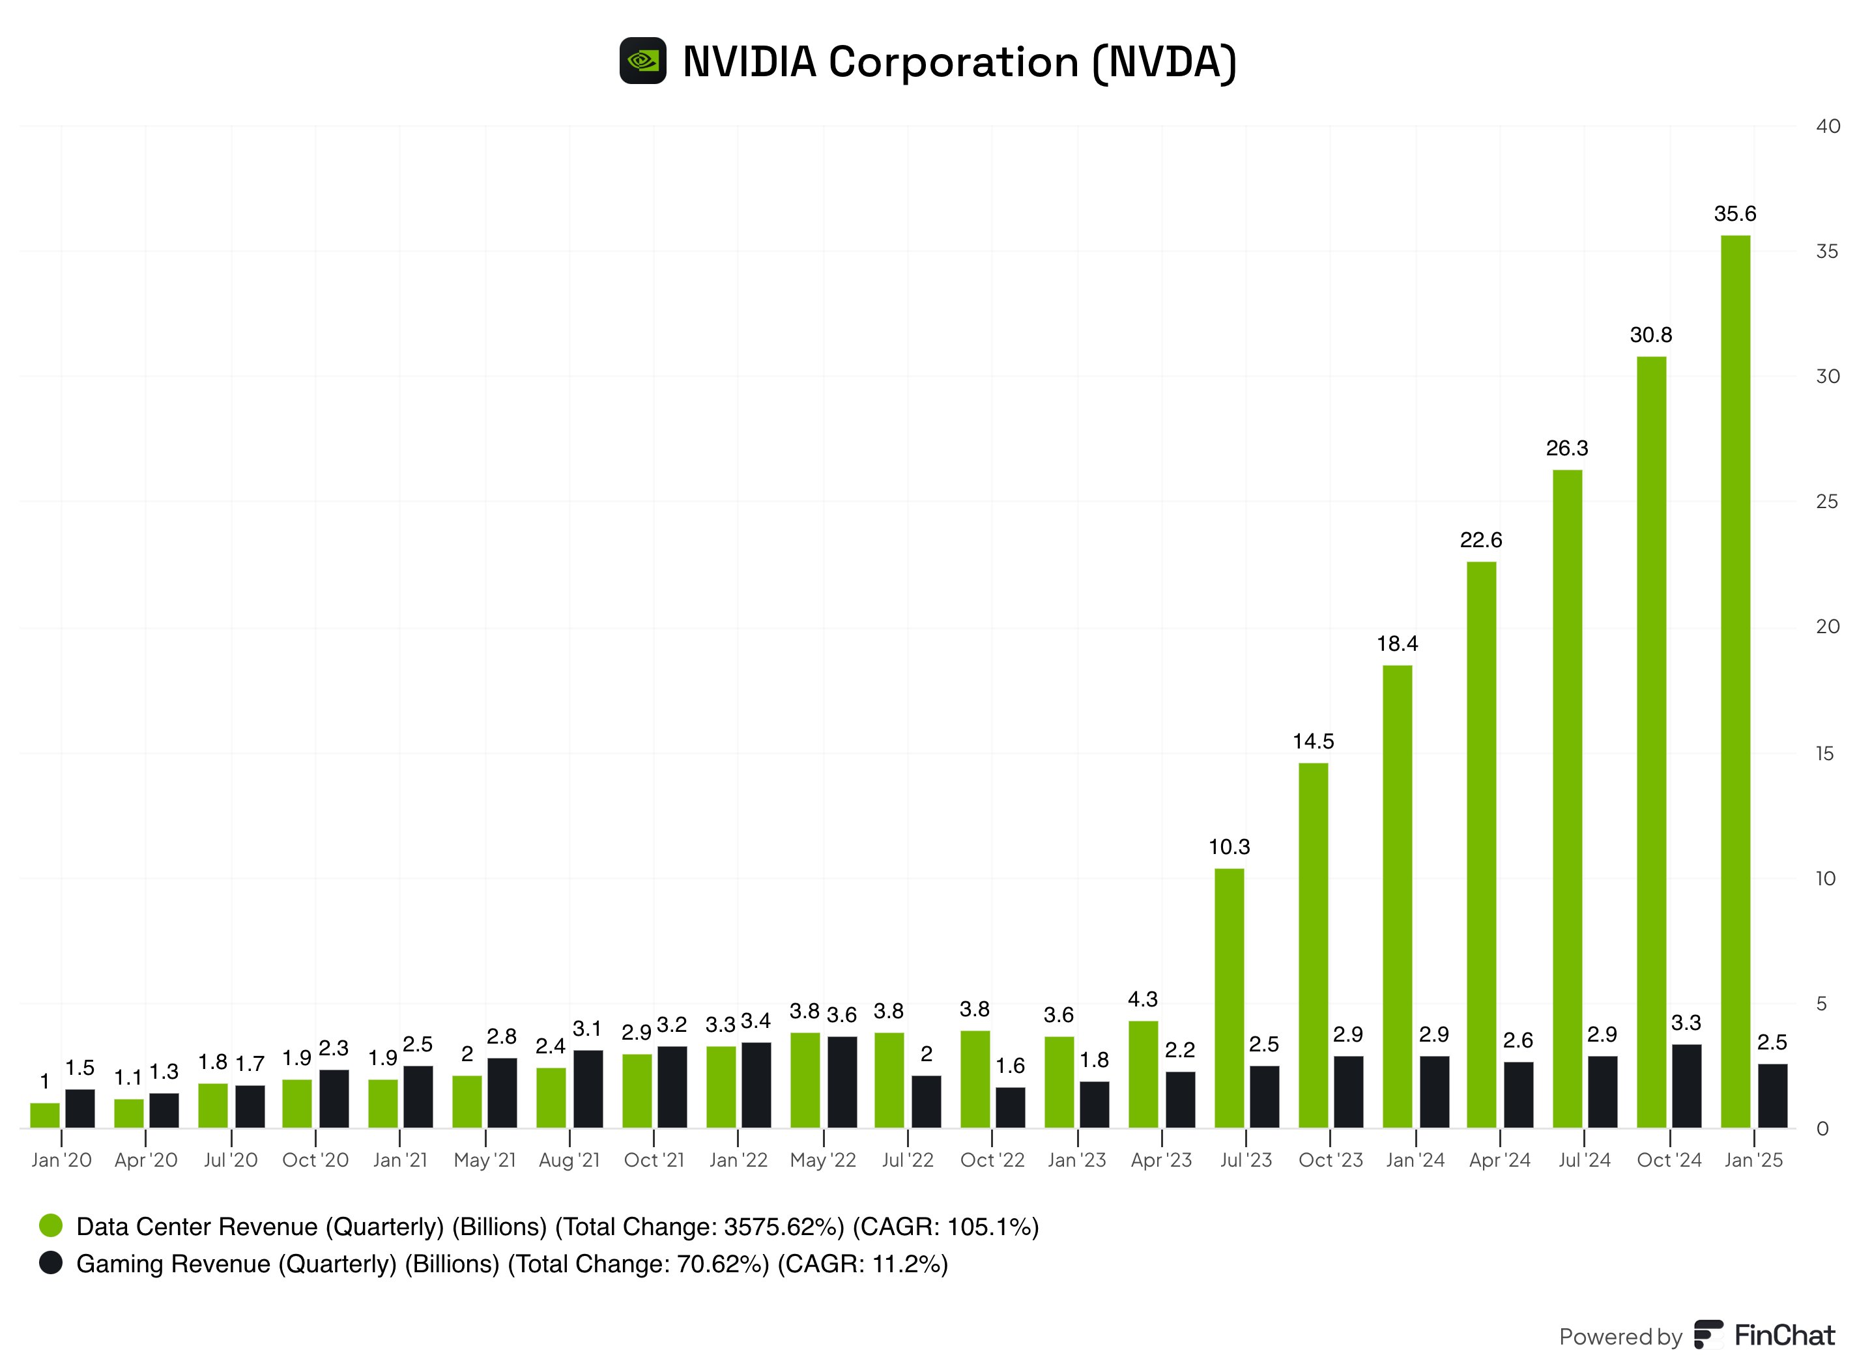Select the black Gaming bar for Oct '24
(1686, 1086)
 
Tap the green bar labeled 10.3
(1229, 998)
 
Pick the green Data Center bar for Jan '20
(45, 1115)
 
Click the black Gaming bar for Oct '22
(1010, 1107)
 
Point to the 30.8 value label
(1650, 335)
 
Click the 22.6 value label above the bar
(1480, 541)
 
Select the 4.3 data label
(1142, 999)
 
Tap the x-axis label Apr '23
(1161, 1160)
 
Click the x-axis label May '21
(485, 1160)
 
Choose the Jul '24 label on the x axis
(1584, 1160)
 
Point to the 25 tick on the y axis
(1826, 502)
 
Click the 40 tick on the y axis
(1827, 126)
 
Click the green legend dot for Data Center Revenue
(51, 1225)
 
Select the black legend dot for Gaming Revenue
(51, 1263)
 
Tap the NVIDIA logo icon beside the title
(642, 61)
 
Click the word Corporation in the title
(953, 62)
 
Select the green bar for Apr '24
(1481, 845)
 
